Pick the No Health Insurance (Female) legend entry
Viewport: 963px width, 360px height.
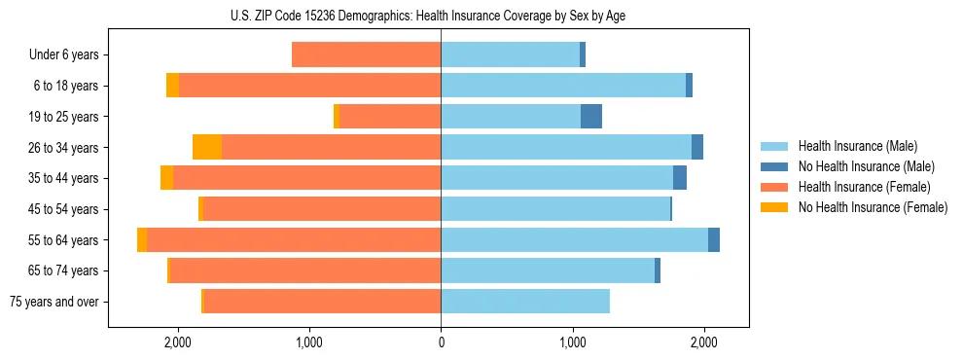click(x=873, y=207)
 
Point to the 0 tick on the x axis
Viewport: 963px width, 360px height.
click(x=441, y=342)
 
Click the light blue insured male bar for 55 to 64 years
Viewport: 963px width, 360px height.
click(x=574, y=240)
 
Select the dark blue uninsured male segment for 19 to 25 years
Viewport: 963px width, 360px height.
click(x=591, y=117)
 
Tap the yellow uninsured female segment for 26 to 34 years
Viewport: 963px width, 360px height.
click(x=207, y=148)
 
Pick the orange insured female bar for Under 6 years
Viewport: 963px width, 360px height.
click(x=366, y=55)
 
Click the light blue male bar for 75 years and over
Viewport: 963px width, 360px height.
click(x=525, y=302)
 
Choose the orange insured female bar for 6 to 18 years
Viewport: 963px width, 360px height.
click(x=309, y=86)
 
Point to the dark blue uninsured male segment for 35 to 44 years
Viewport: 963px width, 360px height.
click(x=680, y=178)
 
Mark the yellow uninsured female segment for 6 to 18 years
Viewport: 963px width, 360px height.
click(x=172, y=86)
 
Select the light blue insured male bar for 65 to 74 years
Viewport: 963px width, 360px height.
click(x=548, y=270)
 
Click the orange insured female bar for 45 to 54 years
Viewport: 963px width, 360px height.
click(x=321, y=209)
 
